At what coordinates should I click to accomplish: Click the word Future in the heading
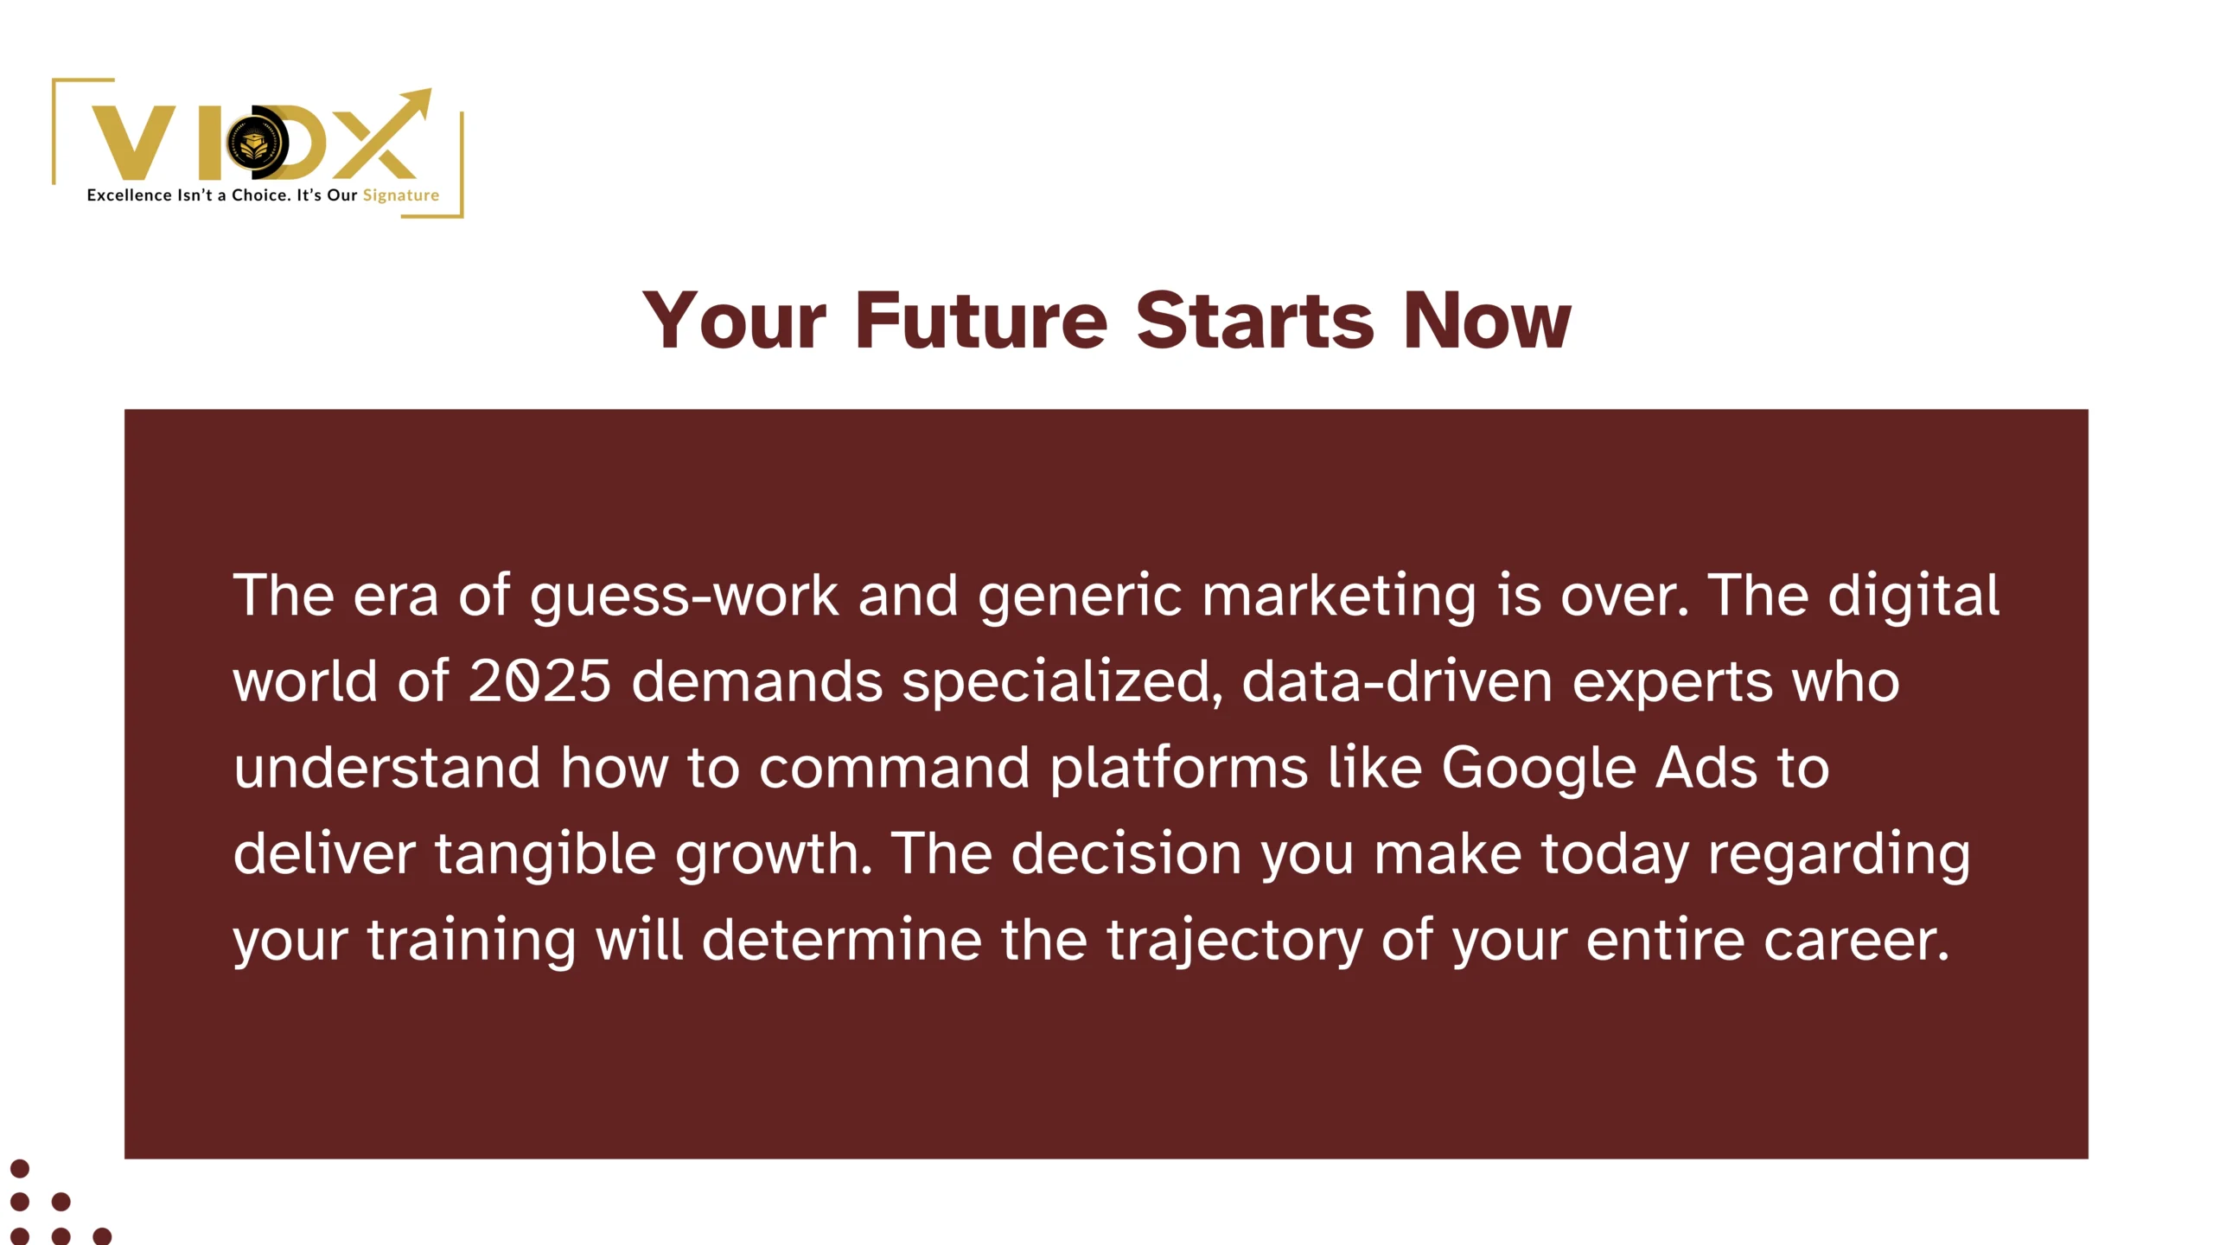(x=981, y=321)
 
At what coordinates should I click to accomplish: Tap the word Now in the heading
(x=1486, y=321)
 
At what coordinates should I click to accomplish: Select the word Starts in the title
(x=1254, y=321)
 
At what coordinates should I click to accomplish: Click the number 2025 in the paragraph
(x=540, y=681)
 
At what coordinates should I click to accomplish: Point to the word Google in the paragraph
(x=1539, y=769)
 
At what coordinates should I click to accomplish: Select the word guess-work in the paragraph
(x=684, y=597)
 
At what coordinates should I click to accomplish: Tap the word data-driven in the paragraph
(x=1397, y=681)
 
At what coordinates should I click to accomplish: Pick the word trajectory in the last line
(x=1234, y=941)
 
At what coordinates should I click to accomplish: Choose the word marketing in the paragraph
(x=1339, y=597)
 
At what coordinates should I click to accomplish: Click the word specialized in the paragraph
(x=1062, y=683)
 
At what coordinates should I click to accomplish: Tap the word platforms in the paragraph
(x=1179, y=769)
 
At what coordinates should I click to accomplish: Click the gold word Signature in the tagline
(x=401, y=195)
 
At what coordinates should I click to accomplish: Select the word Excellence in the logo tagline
(x=129, y=195)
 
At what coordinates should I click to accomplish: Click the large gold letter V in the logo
(x=135, y=143)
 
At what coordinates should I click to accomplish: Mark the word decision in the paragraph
(x=1126, y=854)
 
